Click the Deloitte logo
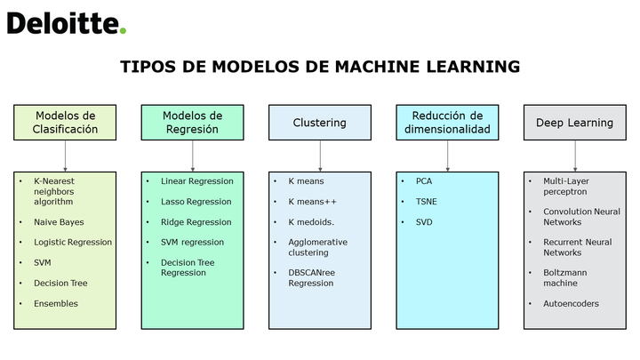(67, 23)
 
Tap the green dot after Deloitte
(123, 30)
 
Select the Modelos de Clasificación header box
(65, 123)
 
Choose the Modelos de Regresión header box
(193, 123)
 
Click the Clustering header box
(320, 123)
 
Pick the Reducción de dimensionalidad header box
(447, 123)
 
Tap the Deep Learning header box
(575, 123)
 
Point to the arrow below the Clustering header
(320, 156)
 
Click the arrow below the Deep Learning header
(575, 156)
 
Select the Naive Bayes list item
(59, 222)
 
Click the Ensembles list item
(56, 304)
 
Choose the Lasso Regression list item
(196, 202)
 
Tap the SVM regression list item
(192, 243)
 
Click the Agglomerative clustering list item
(318, 247)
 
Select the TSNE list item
(426, 202)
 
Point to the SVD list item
(424, 222)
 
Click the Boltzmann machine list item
(565, 278)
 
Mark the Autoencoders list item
(571, 304)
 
